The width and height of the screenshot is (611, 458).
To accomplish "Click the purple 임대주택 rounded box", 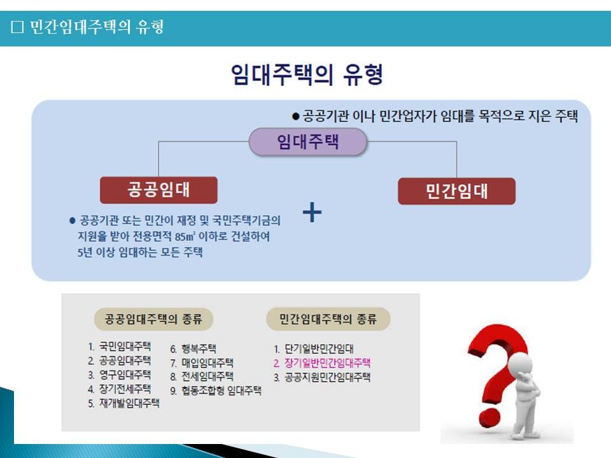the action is coord(308,142).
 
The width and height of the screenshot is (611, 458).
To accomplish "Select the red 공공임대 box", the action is coord(158,190).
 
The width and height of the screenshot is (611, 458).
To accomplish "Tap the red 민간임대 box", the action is coord(457,191).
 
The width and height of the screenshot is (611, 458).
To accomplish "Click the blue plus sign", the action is coord(312,212).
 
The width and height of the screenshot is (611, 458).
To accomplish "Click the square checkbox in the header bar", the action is coord(17,27).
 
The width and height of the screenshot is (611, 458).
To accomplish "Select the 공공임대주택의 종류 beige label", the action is coord(153,319).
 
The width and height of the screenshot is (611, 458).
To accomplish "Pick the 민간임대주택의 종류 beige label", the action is coord(328,319).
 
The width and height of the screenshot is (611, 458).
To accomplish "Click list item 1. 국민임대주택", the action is coord(119,346).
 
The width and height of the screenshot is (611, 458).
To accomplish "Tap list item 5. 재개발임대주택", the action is coord(123,403).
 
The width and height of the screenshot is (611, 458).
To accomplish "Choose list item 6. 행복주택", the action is coord(193,349).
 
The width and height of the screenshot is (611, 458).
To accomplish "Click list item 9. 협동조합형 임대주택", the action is coord(216,391).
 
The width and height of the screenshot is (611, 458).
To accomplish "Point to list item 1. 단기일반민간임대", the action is coord(313,349).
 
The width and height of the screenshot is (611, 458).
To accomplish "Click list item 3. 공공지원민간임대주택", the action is coord(322,377).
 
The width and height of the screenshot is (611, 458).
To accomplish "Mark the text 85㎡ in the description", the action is coord(185,237).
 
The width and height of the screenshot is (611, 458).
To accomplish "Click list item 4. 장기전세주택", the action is coord(119,389).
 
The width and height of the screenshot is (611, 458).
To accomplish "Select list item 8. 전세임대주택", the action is coord(202,377).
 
